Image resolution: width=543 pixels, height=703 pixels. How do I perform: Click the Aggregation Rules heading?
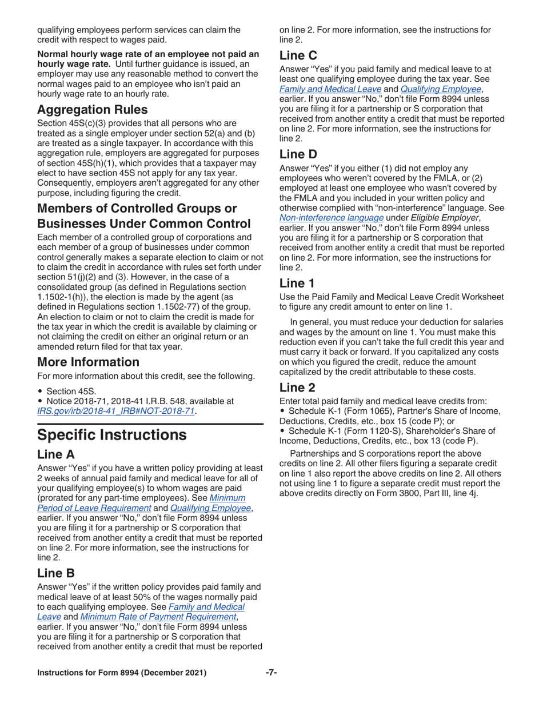tap(93, 109)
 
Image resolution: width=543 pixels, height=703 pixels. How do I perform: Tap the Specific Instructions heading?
tap(111, 435)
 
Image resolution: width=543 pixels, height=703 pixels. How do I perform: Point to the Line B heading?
tap(56, 573)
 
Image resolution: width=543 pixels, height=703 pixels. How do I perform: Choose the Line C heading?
tap(298, 55)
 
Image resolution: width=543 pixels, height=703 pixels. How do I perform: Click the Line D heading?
tap(298, 154)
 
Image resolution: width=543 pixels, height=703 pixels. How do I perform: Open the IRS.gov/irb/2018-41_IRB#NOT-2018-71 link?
tap(116, 411)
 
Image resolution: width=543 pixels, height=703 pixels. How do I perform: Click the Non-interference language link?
tap(332, 218)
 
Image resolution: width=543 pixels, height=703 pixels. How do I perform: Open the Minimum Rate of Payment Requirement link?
tap(158, 617)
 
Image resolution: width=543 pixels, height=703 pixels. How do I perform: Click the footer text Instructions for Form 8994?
tap(121, 673)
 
